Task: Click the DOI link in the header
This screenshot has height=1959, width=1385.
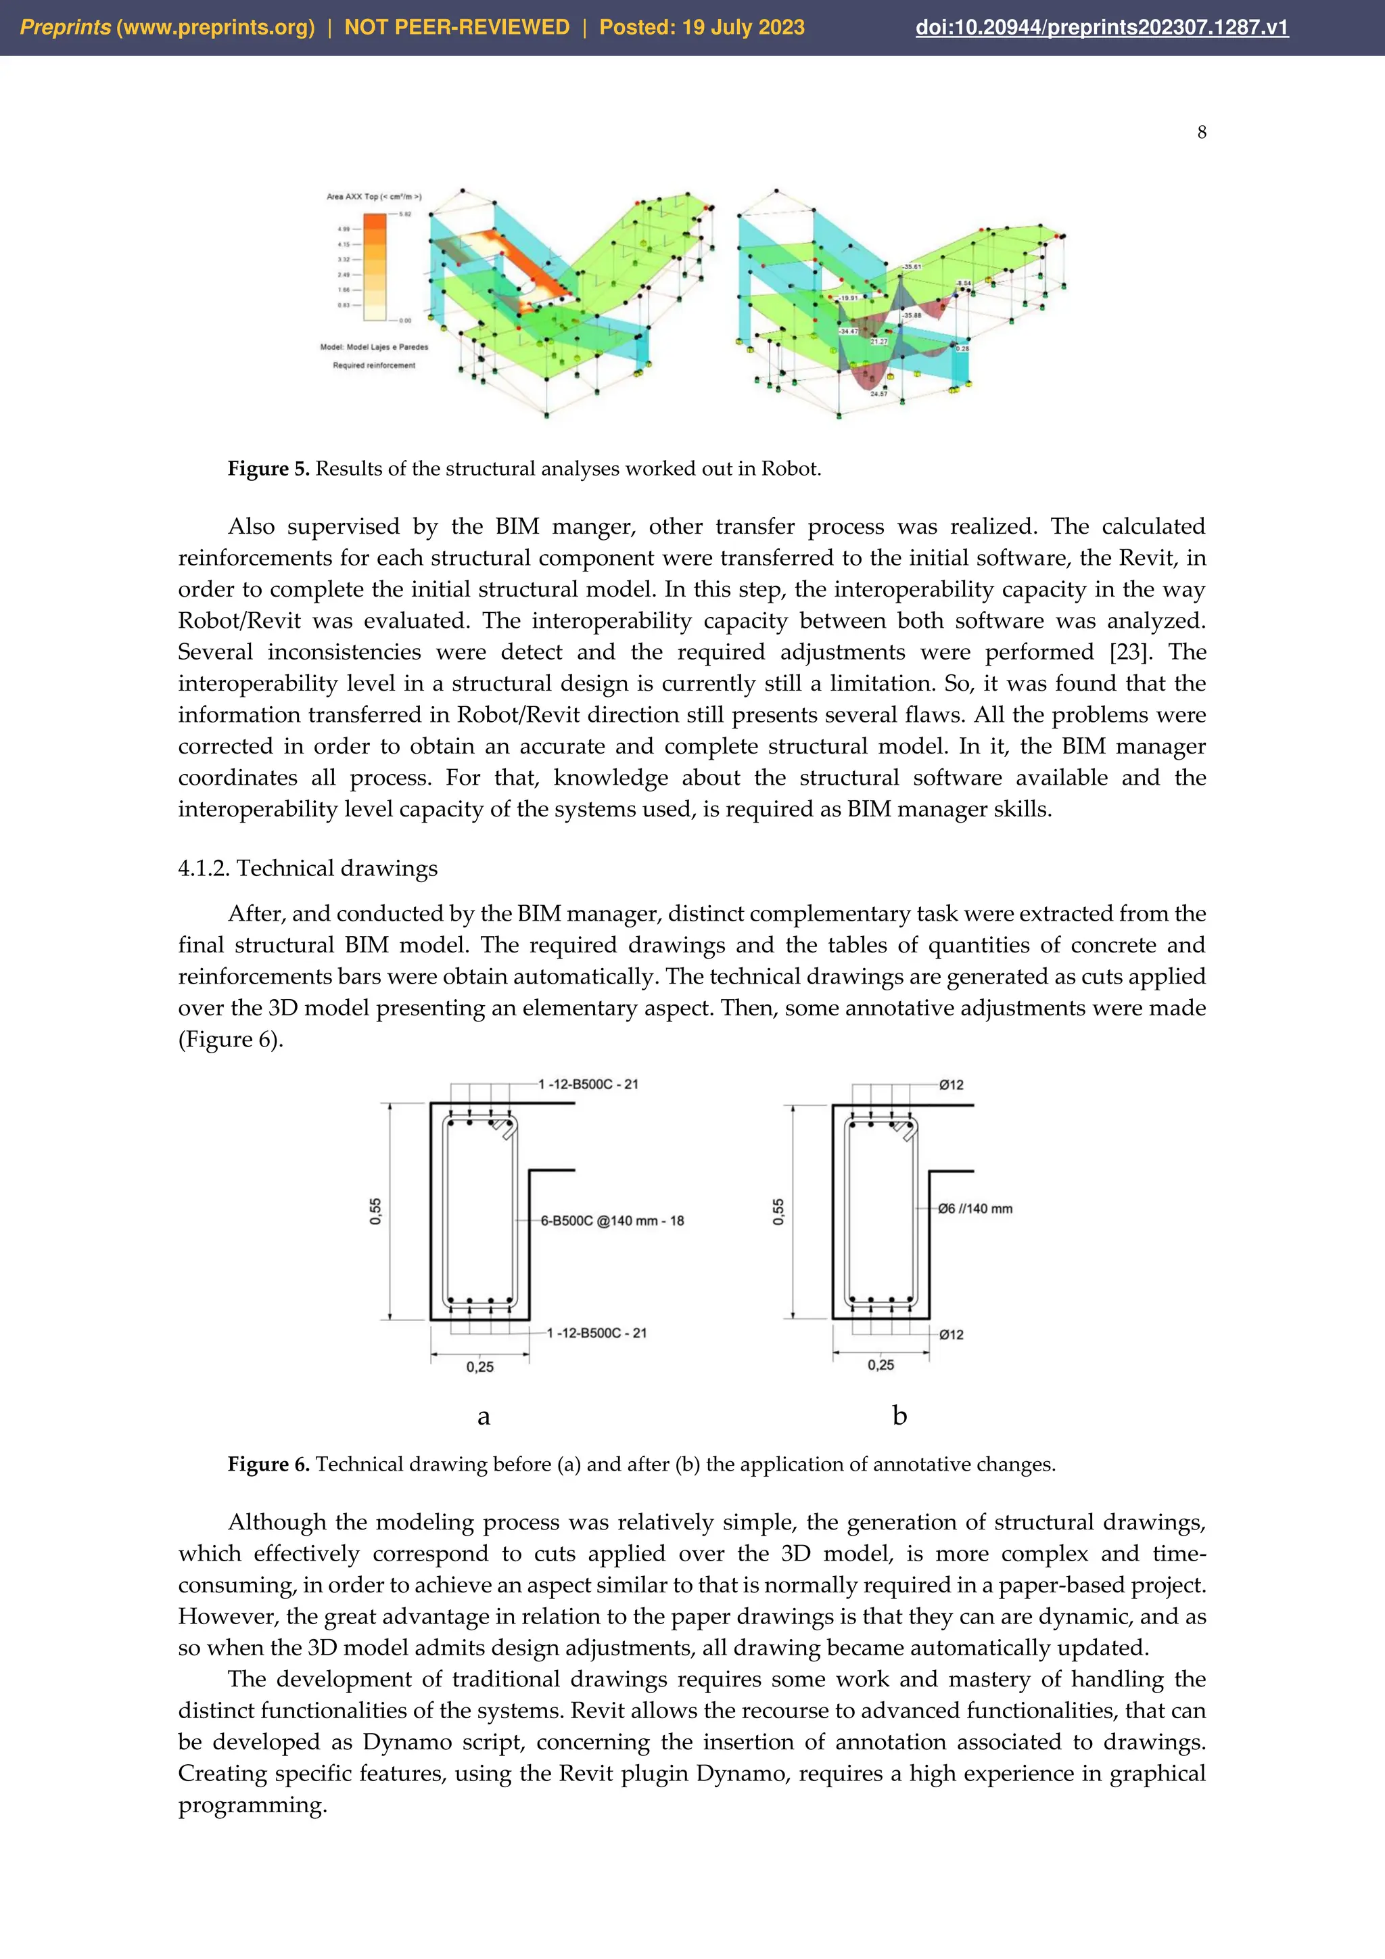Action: [1101, 27]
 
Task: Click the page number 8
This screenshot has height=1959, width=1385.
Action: [1202, 133]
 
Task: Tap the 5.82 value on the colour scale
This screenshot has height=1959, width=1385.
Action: [405, 214]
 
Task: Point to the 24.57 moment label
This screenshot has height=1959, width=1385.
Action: [878, 394]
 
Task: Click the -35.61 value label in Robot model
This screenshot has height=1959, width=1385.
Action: [912, 267]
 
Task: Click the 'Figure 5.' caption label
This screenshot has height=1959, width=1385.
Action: [268, 468]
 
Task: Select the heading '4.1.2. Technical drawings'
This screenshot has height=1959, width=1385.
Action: [307, 868]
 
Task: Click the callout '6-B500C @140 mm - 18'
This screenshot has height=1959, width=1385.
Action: [611, 1220]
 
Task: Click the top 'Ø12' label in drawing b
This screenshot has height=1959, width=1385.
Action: [951, 1084]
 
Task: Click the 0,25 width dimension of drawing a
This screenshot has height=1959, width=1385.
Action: [479, 1367]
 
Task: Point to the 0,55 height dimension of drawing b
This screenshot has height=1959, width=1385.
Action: [778, 1212]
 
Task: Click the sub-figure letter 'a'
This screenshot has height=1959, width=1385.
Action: [484, 1416]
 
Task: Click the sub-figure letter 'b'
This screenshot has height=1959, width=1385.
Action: [899, 1416]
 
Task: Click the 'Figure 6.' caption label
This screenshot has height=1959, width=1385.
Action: [268, 1464]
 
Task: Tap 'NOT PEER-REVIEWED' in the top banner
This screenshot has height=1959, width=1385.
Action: [456, 27]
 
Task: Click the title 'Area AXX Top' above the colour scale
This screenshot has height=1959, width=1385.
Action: [373, 196]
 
